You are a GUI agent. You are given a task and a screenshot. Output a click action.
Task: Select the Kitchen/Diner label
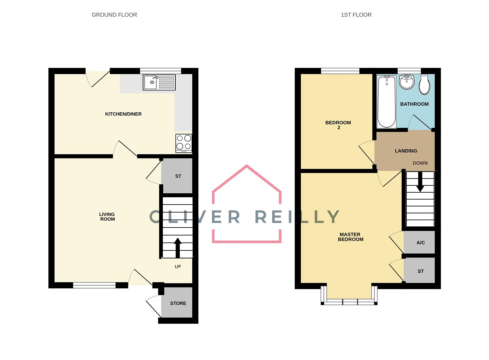[x=123, y=114]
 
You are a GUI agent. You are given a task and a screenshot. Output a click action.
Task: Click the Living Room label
[x=107, y=217]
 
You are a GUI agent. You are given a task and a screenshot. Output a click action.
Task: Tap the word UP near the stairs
[x=178, y=267]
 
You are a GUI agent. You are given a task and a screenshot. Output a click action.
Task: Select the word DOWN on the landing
[x=420, y=163]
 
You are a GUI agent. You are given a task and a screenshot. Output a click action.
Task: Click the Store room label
[x=178, y=303]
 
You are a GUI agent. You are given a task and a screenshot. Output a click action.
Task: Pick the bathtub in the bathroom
[x=386, y=101]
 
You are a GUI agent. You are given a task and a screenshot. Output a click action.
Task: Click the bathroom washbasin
[x=406, y=82]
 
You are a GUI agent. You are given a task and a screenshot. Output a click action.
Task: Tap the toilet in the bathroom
[x=424, y=84]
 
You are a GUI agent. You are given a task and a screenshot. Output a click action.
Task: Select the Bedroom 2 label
[x=338, y=125]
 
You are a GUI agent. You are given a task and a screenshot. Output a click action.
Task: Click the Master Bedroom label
[x=350, y=237]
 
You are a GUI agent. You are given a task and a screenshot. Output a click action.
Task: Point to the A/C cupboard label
[x=420, y=243]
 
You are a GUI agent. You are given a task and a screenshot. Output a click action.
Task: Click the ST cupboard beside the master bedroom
[x=420, y=271]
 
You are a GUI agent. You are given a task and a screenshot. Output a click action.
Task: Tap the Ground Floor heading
[x=114, y=15]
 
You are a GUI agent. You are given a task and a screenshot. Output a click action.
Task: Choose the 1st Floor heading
[x=356, y=15]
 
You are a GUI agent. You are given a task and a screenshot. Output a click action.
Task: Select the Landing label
[x=406, y=151]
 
